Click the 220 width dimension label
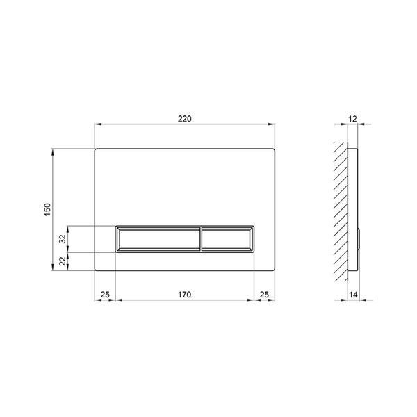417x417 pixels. point(185,119)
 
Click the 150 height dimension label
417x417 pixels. point(47,210)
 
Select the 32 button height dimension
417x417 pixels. point(63,239)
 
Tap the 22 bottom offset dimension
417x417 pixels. point(63,261)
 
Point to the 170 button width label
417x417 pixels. point(185,295)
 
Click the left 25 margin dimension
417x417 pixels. point(105,295)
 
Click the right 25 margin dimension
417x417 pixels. point(264,295)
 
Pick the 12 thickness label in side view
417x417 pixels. point(352,119)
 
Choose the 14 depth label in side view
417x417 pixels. point(353,295)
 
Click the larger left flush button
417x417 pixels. point(158,239)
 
